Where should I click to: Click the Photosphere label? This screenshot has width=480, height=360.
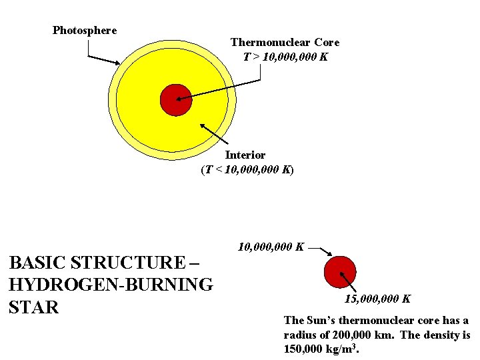point(85,30)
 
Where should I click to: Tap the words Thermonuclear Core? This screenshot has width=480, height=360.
point(285,42)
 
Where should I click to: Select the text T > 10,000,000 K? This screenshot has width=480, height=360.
point(285,57)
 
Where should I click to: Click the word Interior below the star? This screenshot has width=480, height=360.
point(245,155)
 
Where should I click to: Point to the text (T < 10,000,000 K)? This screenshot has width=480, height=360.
point(247,169)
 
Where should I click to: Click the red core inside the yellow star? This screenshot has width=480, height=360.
point(176,100)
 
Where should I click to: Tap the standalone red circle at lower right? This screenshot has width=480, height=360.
point(339,272)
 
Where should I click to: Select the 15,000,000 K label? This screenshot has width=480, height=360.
point(377,299)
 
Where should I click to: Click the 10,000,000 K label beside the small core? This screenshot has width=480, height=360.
point(271,247)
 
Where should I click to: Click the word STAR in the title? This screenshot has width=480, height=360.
point(34,307)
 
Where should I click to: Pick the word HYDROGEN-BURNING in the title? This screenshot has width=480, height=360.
point(111,285)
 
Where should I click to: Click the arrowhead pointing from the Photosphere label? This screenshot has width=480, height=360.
point(118,64)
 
